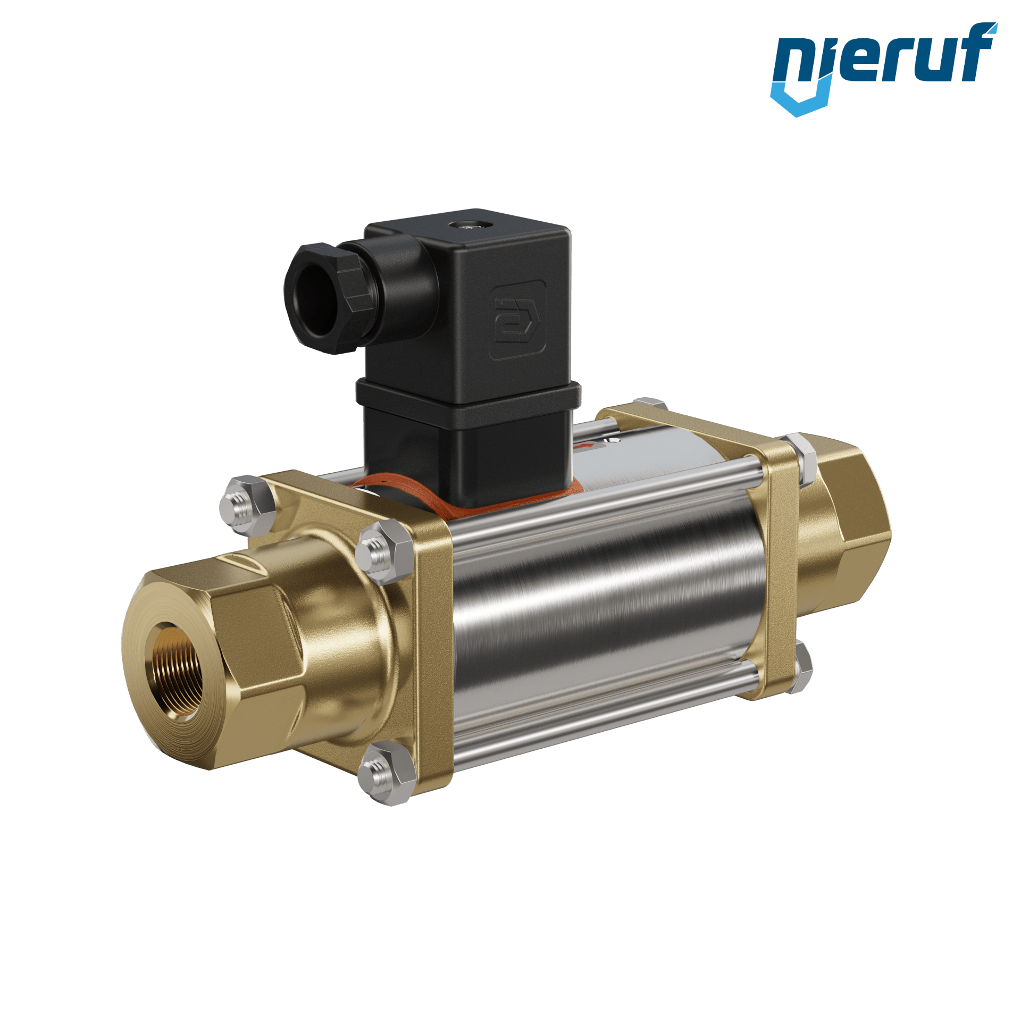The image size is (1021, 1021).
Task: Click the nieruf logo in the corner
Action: [883, 69]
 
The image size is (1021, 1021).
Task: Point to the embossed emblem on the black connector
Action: [516, 321]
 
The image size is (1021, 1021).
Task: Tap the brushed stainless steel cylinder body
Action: [606, 612]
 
